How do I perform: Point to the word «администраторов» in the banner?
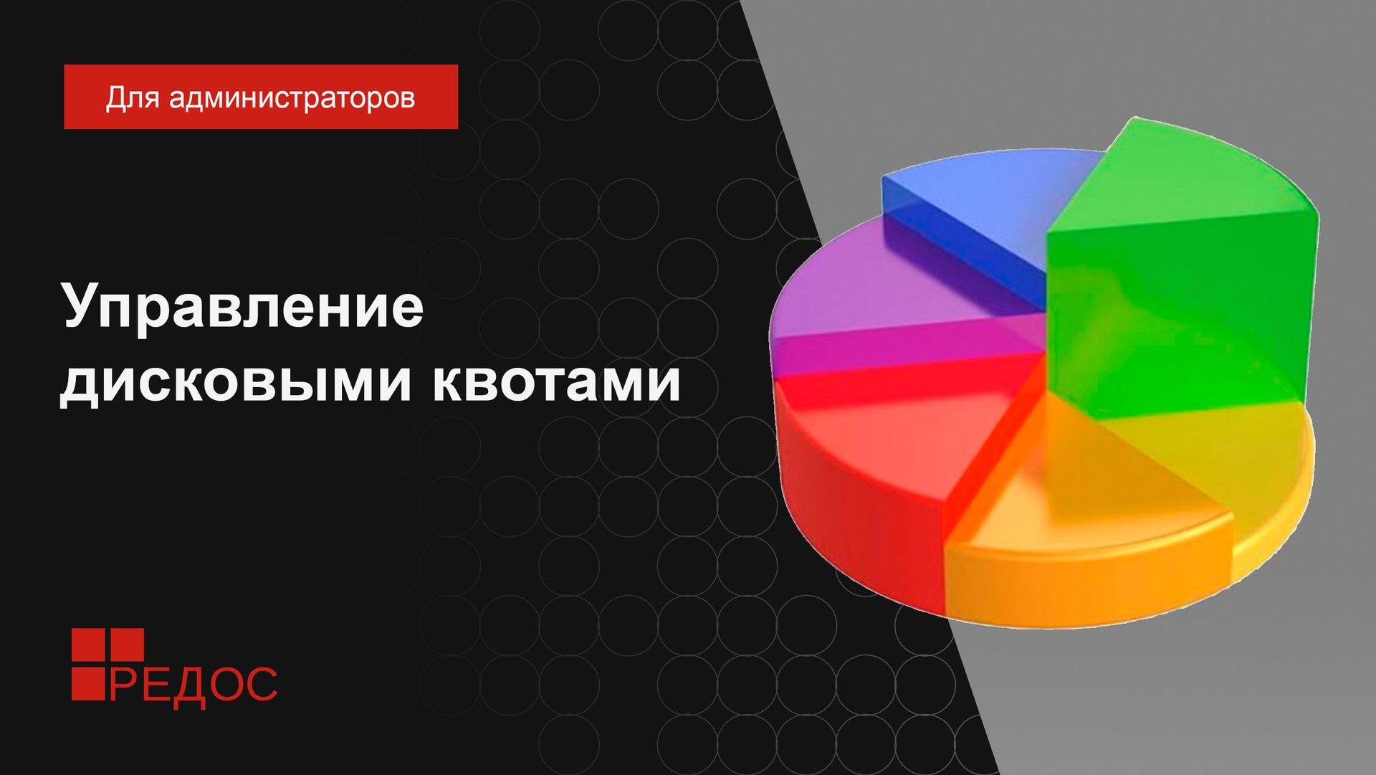click(x=292, y=98)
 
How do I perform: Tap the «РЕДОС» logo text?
click(x=192, y=685)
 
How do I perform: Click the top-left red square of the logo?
click(x=87, y=645)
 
